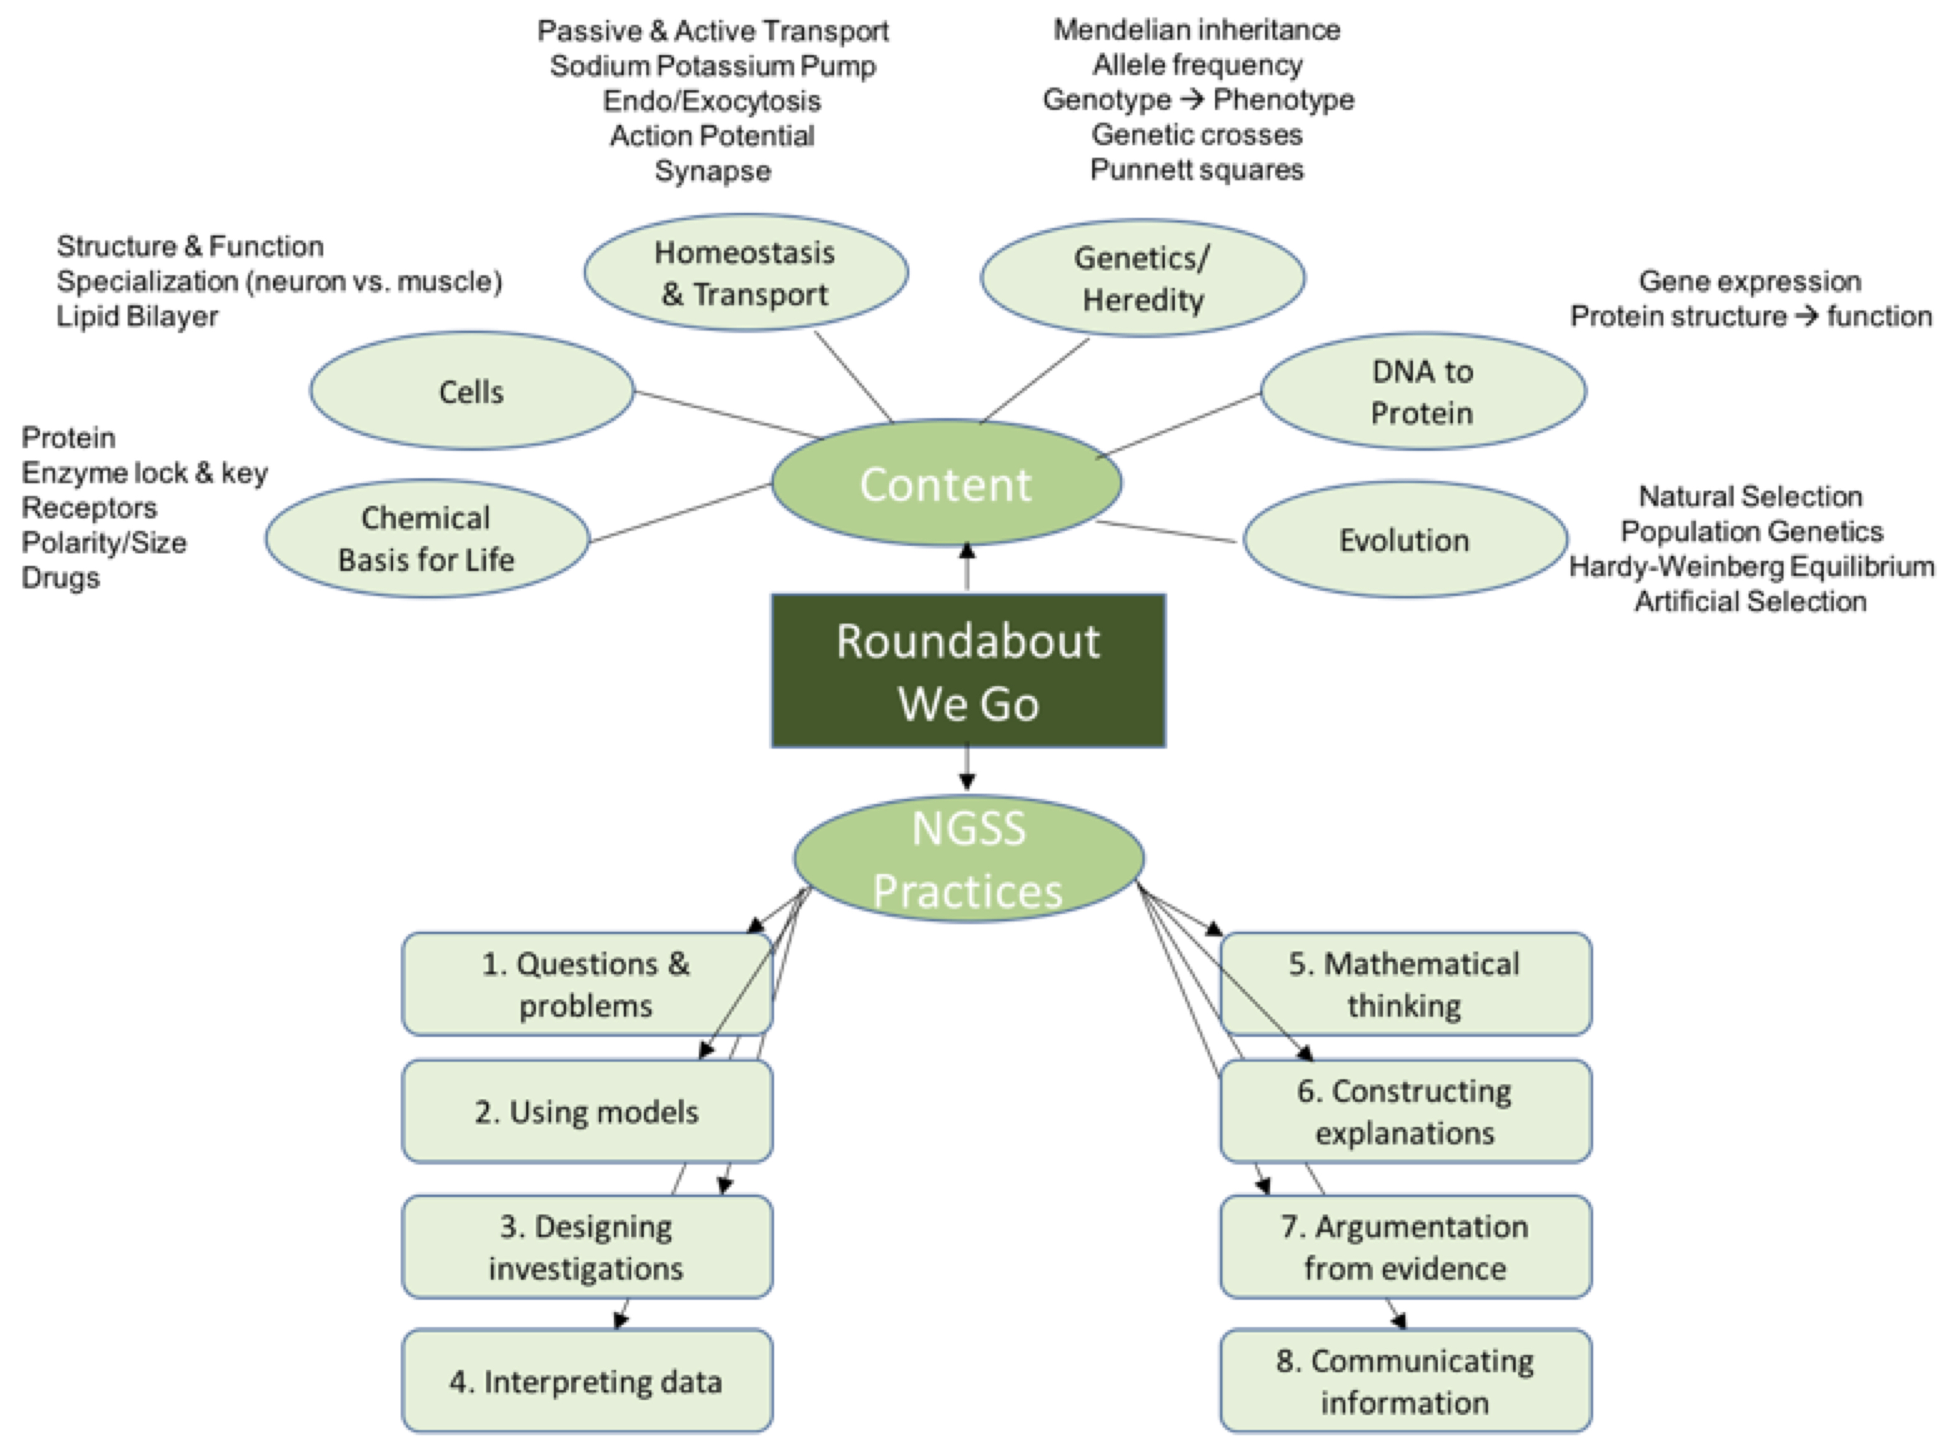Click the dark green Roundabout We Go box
coord(967,671)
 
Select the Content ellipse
coord(946,484)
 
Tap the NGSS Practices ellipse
coord(968,859)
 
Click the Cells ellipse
coord(471,391)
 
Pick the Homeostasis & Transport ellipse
coord(745,273)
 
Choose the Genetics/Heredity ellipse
coord(1142,278)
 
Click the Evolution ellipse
coord(1404,540)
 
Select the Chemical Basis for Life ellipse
coord(427,539)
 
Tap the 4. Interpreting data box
coord(586,1381)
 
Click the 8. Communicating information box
coord(1404,1381)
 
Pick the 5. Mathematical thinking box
coord(1404,984)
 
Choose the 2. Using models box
coord(586,1112)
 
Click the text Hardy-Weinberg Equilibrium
coord(1751,567)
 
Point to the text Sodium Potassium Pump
coord(712,66)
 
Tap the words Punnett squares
coord(1196,170)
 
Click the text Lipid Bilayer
coord(137,316)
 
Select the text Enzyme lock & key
coord(144,472)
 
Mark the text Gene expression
coord(1750,281)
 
